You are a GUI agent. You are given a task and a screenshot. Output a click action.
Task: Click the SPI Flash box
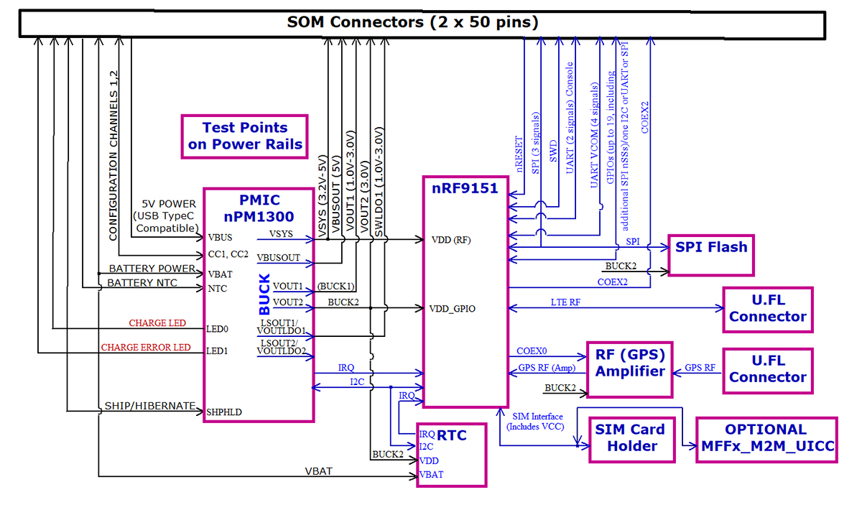click(711, 255)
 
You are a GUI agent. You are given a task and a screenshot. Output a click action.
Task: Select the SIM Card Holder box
click(632, 440)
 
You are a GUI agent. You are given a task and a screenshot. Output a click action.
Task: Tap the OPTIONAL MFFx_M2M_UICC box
click(767, 440)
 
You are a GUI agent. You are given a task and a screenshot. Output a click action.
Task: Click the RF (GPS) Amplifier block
click(629, 369)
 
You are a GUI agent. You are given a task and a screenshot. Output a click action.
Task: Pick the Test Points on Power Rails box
click(245, 136)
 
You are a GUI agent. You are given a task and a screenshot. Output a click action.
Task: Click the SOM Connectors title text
click(412, 22)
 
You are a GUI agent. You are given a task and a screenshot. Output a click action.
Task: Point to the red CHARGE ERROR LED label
click(146, 347)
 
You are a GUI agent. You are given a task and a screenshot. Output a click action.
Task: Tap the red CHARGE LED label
click(157, 323)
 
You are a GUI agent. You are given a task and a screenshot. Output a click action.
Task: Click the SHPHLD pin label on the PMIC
click(224, 412)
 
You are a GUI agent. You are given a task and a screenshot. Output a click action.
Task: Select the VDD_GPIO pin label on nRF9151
click(452, 309)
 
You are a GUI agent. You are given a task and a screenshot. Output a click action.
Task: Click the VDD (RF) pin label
click(451, 240)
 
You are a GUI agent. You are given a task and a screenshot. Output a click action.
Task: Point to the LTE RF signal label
click(565, 302)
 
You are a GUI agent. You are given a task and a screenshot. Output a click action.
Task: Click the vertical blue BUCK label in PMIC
click(264, 294)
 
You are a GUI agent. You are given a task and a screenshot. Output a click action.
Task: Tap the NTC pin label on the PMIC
click(218, 288)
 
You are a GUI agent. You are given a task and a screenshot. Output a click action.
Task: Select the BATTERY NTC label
click(142, 283)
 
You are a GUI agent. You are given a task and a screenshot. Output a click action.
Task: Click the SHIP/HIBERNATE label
click(150, 406)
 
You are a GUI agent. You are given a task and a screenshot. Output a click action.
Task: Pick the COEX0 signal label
click(532, 351)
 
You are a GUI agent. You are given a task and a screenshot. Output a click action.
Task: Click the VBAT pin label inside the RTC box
click(432, 475)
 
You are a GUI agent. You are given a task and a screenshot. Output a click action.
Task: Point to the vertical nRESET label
click(519, 154)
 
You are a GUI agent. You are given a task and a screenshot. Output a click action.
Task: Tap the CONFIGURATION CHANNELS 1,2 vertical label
click(113, 156)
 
